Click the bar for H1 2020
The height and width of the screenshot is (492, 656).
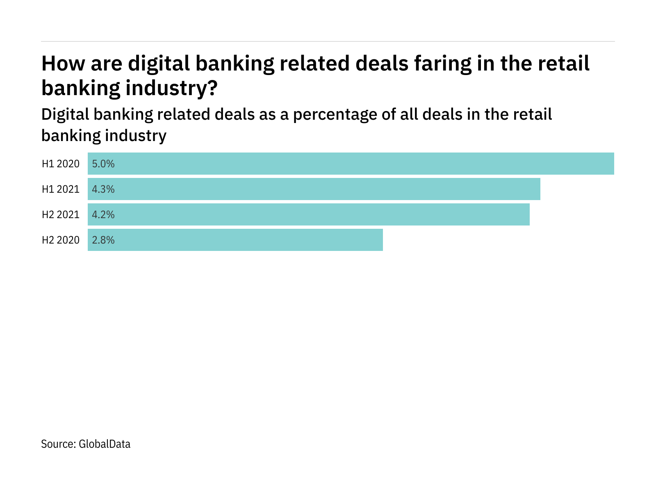pos(351,164)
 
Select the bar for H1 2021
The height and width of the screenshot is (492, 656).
pos(314,189)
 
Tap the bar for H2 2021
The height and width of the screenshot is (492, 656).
pos(309,214)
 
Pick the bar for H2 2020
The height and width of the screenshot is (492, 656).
pos(235,240)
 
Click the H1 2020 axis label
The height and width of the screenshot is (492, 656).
pos(61,164)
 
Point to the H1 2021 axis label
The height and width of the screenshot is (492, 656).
pos(61,189)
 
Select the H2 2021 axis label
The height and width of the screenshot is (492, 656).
pos(61,215)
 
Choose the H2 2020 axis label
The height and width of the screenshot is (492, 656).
pos(61,240)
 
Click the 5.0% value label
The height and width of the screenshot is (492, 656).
pos(103,164)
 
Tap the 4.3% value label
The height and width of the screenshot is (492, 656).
pos(103,189)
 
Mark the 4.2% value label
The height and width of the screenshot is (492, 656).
pos(103,215)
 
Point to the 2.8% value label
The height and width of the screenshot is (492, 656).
pos(103,240)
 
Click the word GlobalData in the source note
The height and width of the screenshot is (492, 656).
pos(105,444)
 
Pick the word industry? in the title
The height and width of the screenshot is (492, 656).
pos(171,89)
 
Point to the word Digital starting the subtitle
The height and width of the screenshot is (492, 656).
pos(66,115)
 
